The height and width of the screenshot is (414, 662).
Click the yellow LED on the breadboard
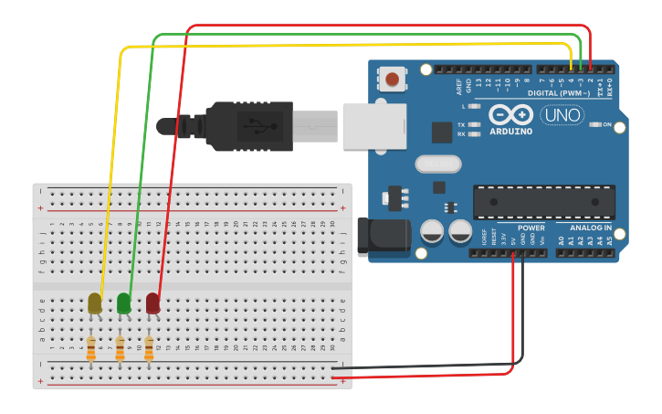[95, 303]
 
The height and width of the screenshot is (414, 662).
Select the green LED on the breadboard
[123, 303]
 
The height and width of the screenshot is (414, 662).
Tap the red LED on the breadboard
[152, 303]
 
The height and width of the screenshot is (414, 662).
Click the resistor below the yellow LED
[91, 348]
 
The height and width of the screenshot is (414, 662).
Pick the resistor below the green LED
[120, 348]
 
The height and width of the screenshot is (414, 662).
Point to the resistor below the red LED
[149, 348]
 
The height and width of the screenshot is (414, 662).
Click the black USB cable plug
[247, 125]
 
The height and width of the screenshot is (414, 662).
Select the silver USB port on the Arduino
[373, 125]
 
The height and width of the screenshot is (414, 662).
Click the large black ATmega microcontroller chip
[543, 202]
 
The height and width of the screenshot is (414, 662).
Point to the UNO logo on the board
[563, 115]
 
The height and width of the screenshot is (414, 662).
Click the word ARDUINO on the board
[510, 132]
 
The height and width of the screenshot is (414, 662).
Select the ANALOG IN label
[591, 228]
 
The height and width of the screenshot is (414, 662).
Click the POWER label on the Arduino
[531, 228]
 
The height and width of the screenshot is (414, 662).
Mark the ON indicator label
[606, 124]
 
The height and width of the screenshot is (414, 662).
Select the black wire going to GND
[429, 367]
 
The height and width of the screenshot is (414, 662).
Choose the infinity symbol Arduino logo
[510, 114]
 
